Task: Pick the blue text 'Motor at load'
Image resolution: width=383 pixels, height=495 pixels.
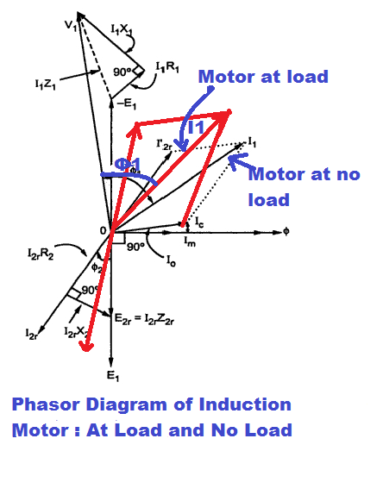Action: tap(263, 77)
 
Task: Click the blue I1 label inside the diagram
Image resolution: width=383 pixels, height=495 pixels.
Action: tap(198, 127)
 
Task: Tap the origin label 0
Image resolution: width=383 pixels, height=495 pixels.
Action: tap(102, 230)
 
